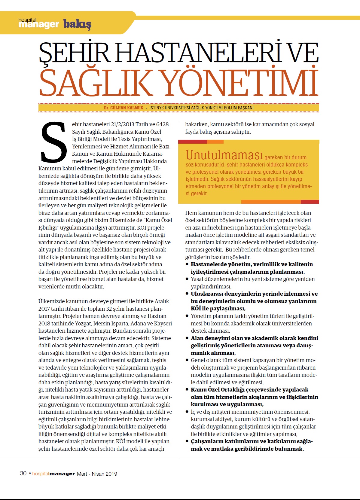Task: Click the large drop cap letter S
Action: [54, 142]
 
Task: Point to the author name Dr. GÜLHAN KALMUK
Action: [124, 108]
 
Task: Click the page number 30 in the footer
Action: [23, 473]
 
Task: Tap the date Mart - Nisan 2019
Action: [97, 474]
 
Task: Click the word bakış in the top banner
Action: [77, 23]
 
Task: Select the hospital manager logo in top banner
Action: [38, 23]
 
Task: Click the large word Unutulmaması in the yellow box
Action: [224, 155]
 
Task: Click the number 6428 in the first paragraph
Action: [162, 124]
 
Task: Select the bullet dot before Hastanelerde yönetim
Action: [187, 264]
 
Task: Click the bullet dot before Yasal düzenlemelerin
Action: [187, 279]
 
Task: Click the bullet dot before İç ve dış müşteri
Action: [187, 412]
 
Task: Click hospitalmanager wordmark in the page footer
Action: [53, 474]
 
